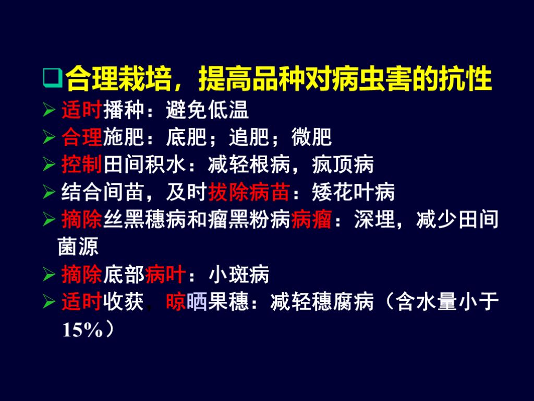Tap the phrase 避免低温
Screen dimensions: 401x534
coord(207,110)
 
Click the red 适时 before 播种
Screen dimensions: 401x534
coord(82,110)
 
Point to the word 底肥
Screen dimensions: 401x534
coord(186,138)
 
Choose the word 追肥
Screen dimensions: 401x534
coord(249,138)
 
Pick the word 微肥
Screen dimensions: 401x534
coord(311,138)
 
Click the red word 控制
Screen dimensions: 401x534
coord(82,166)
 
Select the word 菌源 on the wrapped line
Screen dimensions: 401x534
coord(78,246)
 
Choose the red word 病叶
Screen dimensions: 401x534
coord(165,274)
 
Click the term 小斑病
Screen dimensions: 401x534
coord(238,274)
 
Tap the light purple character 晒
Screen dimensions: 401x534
coord(197,302)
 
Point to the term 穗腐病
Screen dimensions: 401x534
coord(343,302)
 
